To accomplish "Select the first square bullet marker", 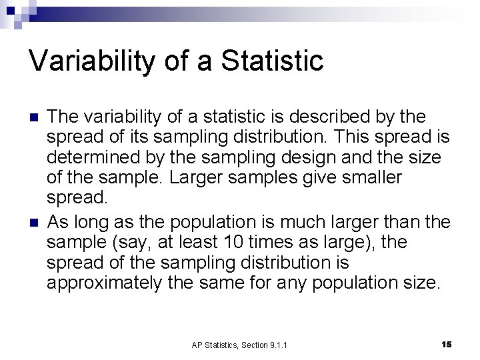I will click(x=33, y=117).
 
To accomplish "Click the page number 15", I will click(x=447, y=344).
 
